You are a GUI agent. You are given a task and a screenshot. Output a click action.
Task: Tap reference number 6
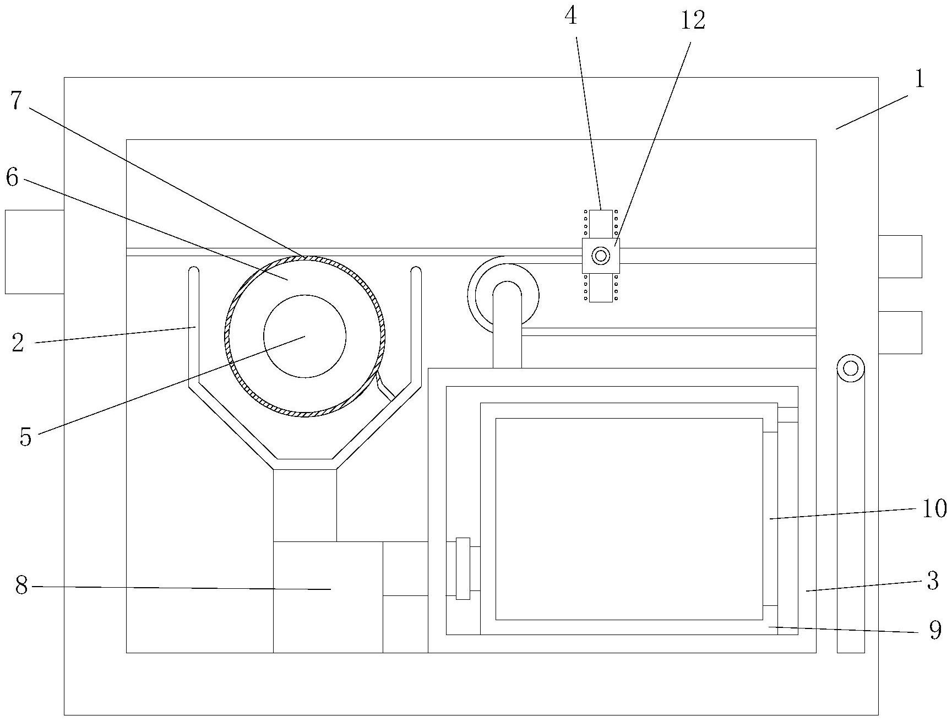[12, 177]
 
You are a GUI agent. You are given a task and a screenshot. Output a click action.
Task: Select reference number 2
[18, 343]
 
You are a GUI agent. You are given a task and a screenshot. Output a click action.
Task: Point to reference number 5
[26, 436]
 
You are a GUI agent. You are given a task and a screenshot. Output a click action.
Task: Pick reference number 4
[571, 16]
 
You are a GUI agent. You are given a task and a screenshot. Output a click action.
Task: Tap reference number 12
[693, 20]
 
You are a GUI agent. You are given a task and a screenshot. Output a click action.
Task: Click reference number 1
[918, 79]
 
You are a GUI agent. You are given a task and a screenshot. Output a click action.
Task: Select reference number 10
[934, 508]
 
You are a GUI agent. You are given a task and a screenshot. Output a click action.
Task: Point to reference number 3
[932, 581]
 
